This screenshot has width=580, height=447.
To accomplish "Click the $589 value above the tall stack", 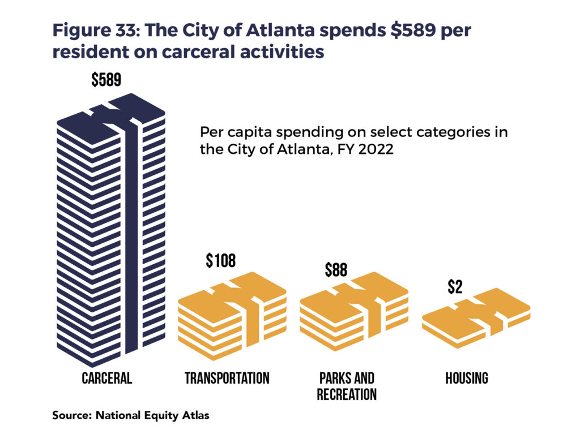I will [x=106, y=80].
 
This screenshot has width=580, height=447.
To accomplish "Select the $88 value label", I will [x=335, y=270].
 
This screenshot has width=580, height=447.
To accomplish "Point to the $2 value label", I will [x=455, y=287].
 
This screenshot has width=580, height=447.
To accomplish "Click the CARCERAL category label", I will [x=106, y=378].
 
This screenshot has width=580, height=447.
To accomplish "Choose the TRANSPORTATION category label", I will [x=227, y=378].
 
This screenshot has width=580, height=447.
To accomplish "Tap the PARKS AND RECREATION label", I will [x=347, y=386].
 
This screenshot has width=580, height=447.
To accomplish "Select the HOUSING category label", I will [x=467, y=378].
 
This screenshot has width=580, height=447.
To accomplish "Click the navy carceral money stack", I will [x=110, y=226].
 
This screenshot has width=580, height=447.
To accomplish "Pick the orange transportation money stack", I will [x=232, y=314].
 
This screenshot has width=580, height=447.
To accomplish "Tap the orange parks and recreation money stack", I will [x=353, y=314].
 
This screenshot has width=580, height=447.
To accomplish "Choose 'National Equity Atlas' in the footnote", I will [x=152, y=415].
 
